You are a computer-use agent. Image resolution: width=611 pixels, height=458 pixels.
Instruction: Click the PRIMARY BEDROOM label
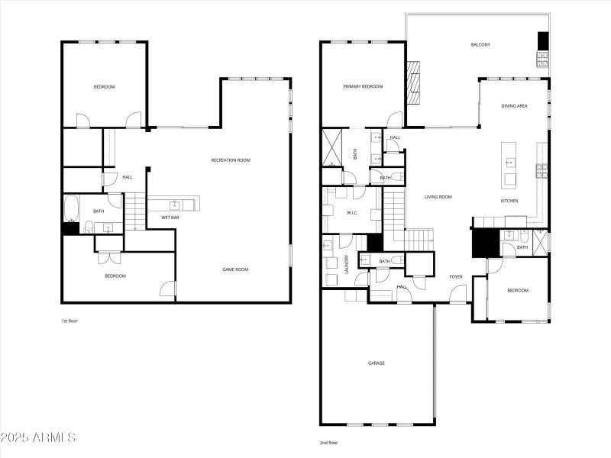pyautogui.click(x=363, y=87)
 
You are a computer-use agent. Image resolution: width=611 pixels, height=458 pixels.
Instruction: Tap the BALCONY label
pyautogui.click(x=480, y=45)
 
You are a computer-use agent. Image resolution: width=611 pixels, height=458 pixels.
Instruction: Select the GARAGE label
pyautogui.click(x=377, y=363)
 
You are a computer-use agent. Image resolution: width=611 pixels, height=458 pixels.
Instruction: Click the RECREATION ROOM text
pyautogui.click(x=231, y=160)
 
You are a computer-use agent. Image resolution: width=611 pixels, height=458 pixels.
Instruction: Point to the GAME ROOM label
pyautogui.click(x=235, y=269)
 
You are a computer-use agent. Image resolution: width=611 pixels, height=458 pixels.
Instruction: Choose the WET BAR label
pyautogui.click(x=170, y=218)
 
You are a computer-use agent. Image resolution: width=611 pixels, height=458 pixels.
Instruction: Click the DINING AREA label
pyautogui.click(x=514, y=106)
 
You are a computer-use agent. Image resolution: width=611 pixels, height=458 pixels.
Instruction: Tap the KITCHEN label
pyautogui.click(x=509, y=201)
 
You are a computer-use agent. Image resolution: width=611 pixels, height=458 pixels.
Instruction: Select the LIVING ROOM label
pyautogui.click(x=439, y=197)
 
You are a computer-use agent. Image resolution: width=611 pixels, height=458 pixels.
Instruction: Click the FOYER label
pyautogui.click(x=456, y=276)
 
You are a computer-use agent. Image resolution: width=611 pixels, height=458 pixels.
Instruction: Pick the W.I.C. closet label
pyautogui.click(x=353, y=213)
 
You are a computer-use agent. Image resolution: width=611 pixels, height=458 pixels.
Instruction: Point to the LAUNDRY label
pyautogui.click(x=347, y=264)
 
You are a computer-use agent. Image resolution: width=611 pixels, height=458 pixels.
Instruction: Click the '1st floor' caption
pyautogui.click(x=70, y=321)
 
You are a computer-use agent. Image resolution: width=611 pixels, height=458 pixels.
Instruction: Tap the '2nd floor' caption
pyautogui.click(x=328, y=443)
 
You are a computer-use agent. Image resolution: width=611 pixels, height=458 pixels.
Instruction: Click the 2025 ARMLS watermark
pyautogui.click(x=38, y=438)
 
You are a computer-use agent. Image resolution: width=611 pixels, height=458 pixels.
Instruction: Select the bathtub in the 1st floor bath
pyautogui.click(x=71, y=207)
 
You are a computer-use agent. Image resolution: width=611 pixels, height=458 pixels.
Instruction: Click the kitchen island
pyautogui.click(x=509, y=164)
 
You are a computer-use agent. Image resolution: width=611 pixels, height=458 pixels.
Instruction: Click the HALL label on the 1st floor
pyautogui.click(x=128, y=177)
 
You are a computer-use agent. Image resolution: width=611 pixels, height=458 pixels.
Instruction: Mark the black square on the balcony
pyautogui.click(x=543, y=40)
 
